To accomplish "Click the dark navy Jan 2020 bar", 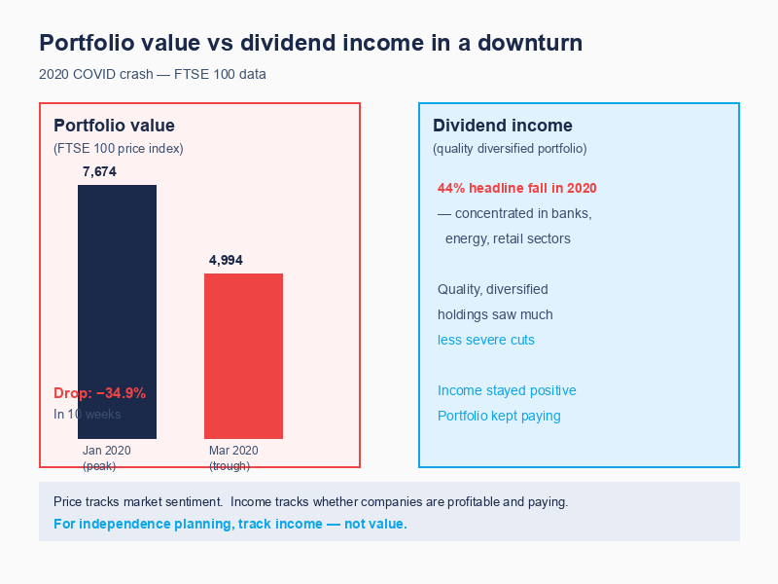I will click(x=117, y=292).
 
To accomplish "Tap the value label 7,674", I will click(x=99, y=172).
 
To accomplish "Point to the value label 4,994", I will click(x=226, y=260).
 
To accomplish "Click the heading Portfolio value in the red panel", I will click(x=114, y=126).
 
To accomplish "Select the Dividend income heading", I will click(x=502, y=126).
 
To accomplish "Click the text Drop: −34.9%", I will click(x=99, y=393).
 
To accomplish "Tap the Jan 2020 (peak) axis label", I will click(x=106, y=457).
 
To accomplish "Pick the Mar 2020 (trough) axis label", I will click(x=233, y=457).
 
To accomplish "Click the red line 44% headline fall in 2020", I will click(x=516, y=188).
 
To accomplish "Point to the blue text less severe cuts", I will click(x=485, y=340).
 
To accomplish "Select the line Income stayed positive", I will click(x=507, y=390).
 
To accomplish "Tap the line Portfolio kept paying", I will click(x=499, y=416).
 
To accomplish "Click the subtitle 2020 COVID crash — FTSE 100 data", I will click(x=153, y=74).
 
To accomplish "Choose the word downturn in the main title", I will click(x=526, y=44).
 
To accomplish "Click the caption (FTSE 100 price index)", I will click(x=118, y=149).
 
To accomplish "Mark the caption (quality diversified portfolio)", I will click(x=510, y=149).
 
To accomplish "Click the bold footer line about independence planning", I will click(x=230, y=524).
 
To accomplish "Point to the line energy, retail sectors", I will click(x=508, y=238).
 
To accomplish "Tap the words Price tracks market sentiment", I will click(x=137, y=502).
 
